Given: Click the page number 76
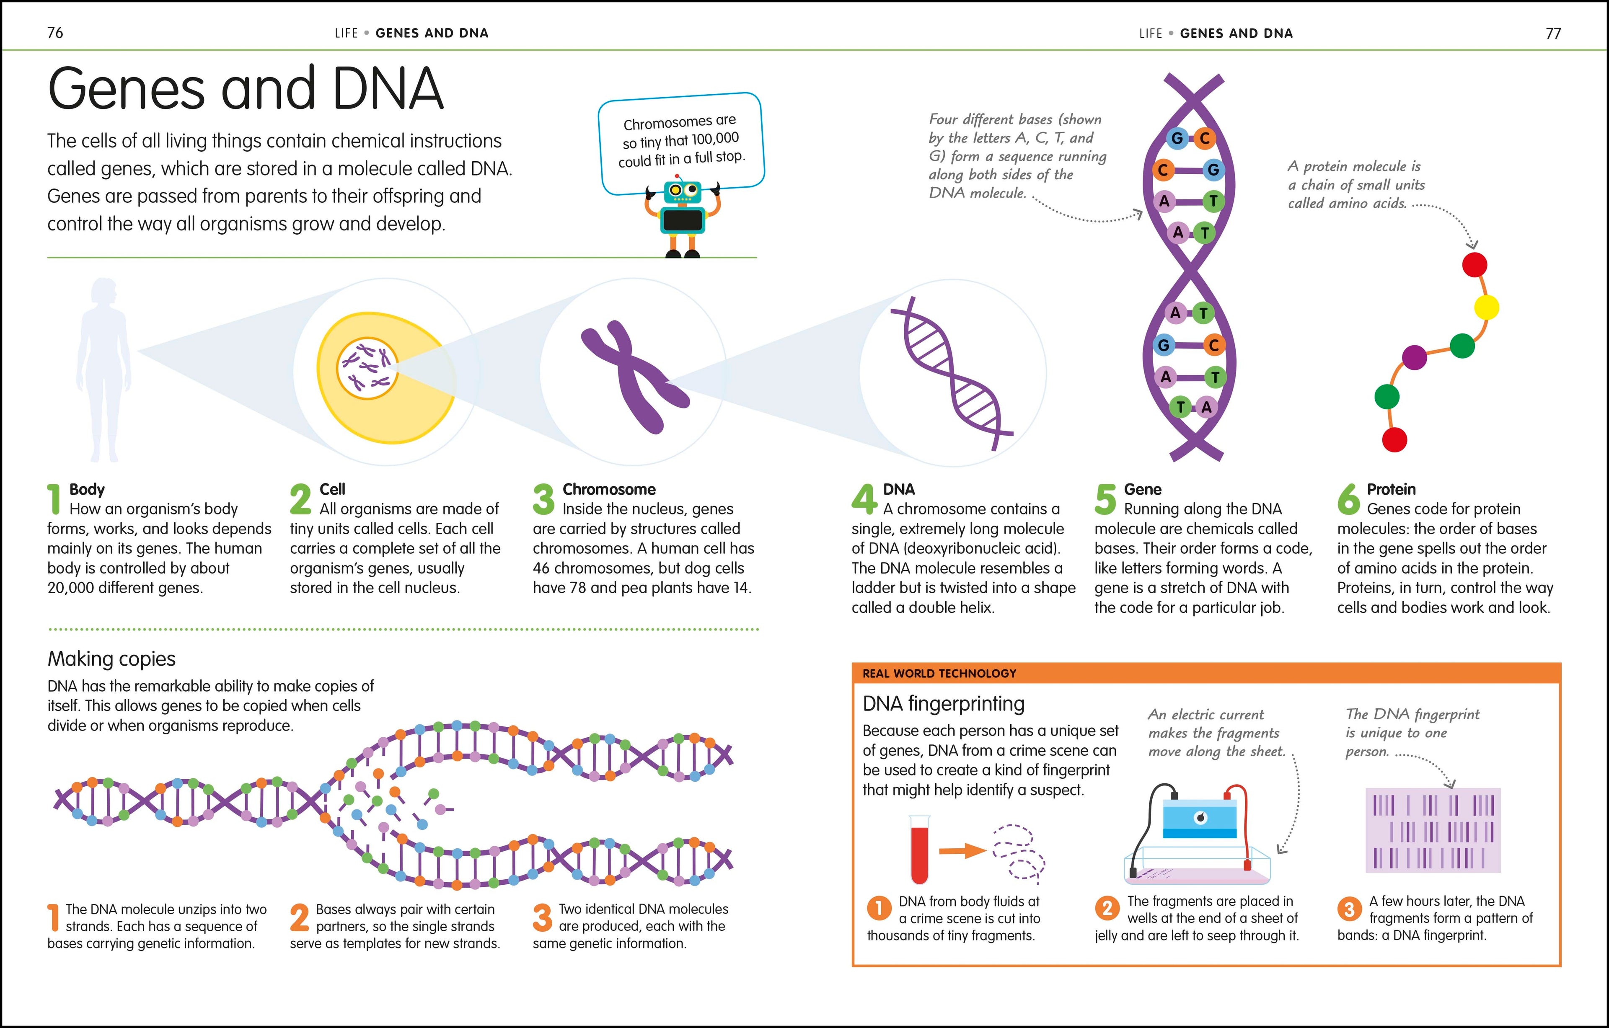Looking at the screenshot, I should click(x=55, y=33).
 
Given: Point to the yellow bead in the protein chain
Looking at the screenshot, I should click(x=1486, y=307).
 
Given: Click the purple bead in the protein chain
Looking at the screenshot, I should click(x=1414, y=357).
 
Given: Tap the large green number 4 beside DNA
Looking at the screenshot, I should click(x=864, y=499).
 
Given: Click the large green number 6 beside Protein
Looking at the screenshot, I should click(x=1348, y=499).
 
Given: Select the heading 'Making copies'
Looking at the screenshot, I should click(x=111, y=659).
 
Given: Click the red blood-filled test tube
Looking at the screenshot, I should click(x=919, y=850).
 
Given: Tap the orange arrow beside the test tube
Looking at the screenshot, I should click(x=962, y=850).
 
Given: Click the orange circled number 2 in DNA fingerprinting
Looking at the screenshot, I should click(x=1107, y=909).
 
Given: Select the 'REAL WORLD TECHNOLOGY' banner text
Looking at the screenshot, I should click(x=939, y=673).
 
